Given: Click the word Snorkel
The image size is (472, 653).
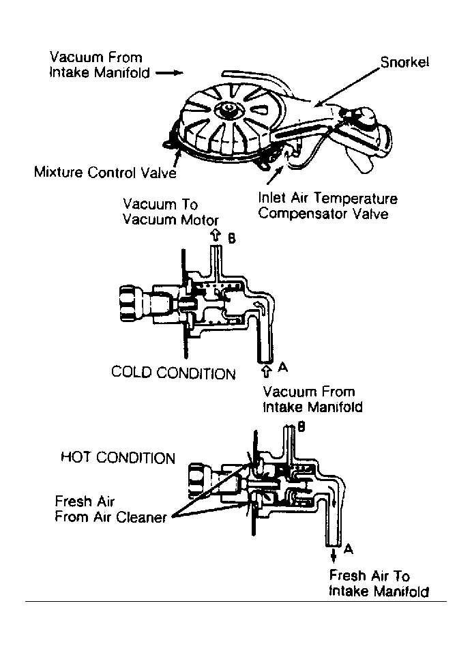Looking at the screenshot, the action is (404, 63).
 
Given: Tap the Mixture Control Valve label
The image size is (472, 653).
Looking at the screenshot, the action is (105, 172).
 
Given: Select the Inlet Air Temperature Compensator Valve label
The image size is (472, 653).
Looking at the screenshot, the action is (327, 206).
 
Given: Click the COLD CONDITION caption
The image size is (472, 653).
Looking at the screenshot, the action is (173, 373).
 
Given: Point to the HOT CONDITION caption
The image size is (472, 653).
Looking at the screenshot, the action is (118, 457).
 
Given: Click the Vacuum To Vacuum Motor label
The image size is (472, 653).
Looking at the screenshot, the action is (171, 212).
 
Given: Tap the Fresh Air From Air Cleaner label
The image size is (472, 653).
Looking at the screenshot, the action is (110, 509).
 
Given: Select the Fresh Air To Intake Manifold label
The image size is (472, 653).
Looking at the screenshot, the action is (379, 583).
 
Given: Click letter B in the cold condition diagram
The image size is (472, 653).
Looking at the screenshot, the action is (232, 238).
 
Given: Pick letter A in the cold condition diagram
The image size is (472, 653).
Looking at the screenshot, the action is (283, 367).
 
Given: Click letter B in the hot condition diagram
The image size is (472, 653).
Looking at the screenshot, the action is (301, 426).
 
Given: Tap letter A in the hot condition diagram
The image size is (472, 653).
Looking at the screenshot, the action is (349, 549).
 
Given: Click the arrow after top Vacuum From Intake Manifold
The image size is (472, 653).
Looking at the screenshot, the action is (169, 73).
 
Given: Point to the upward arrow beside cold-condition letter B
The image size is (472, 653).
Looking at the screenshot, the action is (215, 235).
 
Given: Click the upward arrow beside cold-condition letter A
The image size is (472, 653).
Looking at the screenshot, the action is (267, 371).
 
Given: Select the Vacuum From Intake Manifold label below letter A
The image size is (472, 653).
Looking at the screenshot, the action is (312, 399).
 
